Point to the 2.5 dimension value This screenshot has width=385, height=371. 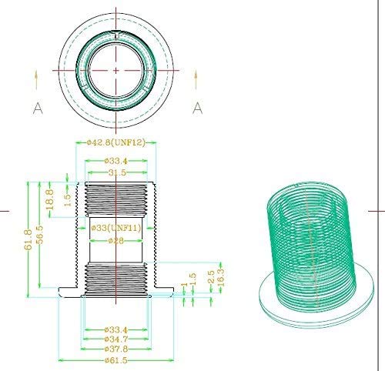point(209,275)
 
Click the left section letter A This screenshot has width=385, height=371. point(37,108)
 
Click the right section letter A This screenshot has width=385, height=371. point(197,108)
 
